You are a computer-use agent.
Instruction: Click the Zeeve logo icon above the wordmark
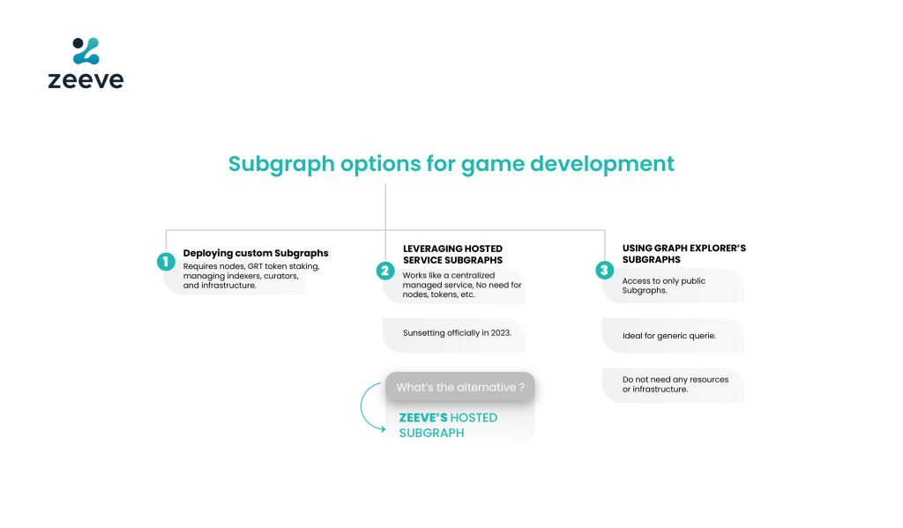point(86,50)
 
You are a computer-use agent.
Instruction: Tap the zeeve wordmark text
point(86,80)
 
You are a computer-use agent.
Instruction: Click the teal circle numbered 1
point(166,262)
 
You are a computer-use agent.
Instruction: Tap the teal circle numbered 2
point(385,271)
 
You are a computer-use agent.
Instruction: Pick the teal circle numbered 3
point(605,270)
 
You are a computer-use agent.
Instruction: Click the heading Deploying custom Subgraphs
point(256,253)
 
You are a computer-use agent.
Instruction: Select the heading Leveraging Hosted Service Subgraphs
point(452,255)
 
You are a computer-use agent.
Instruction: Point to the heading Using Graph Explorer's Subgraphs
point(683,254)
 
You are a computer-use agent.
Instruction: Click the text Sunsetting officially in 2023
point(457,333)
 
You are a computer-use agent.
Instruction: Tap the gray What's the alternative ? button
point(460,387)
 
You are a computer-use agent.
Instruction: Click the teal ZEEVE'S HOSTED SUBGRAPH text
point(448,426)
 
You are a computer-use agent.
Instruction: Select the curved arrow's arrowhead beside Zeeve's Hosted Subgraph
point(383,429)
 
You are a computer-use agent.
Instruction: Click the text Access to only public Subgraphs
point(663,286)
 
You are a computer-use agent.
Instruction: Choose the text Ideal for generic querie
point(669,336)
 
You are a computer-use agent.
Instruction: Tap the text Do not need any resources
point(675,379)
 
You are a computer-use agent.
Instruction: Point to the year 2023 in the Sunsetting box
point(501,333)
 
